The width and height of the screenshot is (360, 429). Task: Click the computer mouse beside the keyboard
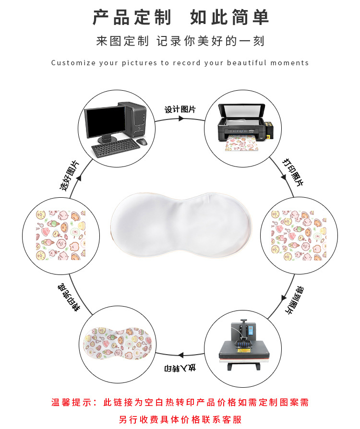[142, 142]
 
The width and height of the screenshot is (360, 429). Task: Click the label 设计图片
[180, 109]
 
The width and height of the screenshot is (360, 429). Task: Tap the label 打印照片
[293, 172]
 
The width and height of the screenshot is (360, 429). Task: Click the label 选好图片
[69, 176]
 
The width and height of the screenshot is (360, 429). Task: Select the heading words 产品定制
[132, 17]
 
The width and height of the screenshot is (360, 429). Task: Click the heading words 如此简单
[229, 17]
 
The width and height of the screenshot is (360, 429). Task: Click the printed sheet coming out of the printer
[242, 143]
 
